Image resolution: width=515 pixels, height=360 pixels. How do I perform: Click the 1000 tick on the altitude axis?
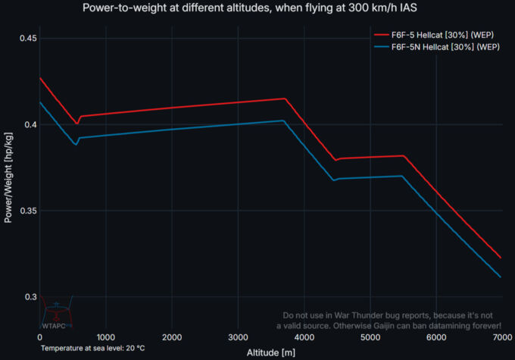coord(105,337)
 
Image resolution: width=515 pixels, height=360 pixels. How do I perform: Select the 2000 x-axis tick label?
coord(172,337)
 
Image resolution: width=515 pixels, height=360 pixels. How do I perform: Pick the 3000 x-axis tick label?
coord(238,337)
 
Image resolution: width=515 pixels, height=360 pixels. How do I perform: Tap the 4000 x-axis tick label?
coord(304,337)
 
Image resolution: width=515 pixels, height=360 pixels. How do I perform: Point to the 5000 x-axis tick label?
coord(370,337)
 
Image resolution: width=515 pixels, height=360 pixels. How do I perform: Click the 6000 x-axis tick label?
coord(435,337)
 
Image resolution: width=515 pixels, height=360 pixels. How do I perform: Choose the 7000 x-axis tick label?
coord(501,337)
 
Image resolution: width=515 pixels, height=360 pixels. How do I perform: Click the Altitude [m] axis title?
coord(270,352)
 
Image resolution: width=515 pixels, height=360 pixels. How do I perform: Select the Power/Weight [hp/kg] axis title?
coord(9,177)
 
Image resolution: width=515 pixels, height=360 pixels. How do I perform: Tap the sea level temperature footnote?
coord(94,348)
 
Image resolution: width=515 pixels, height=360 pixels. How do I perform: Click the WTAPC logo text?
coord(54,326)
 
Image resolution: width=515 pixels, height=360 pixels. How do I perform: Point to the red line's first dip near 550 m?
coord(77,123)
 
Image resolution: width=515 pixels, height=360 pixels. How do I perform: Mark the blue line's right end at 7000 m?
coord(501,277)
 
